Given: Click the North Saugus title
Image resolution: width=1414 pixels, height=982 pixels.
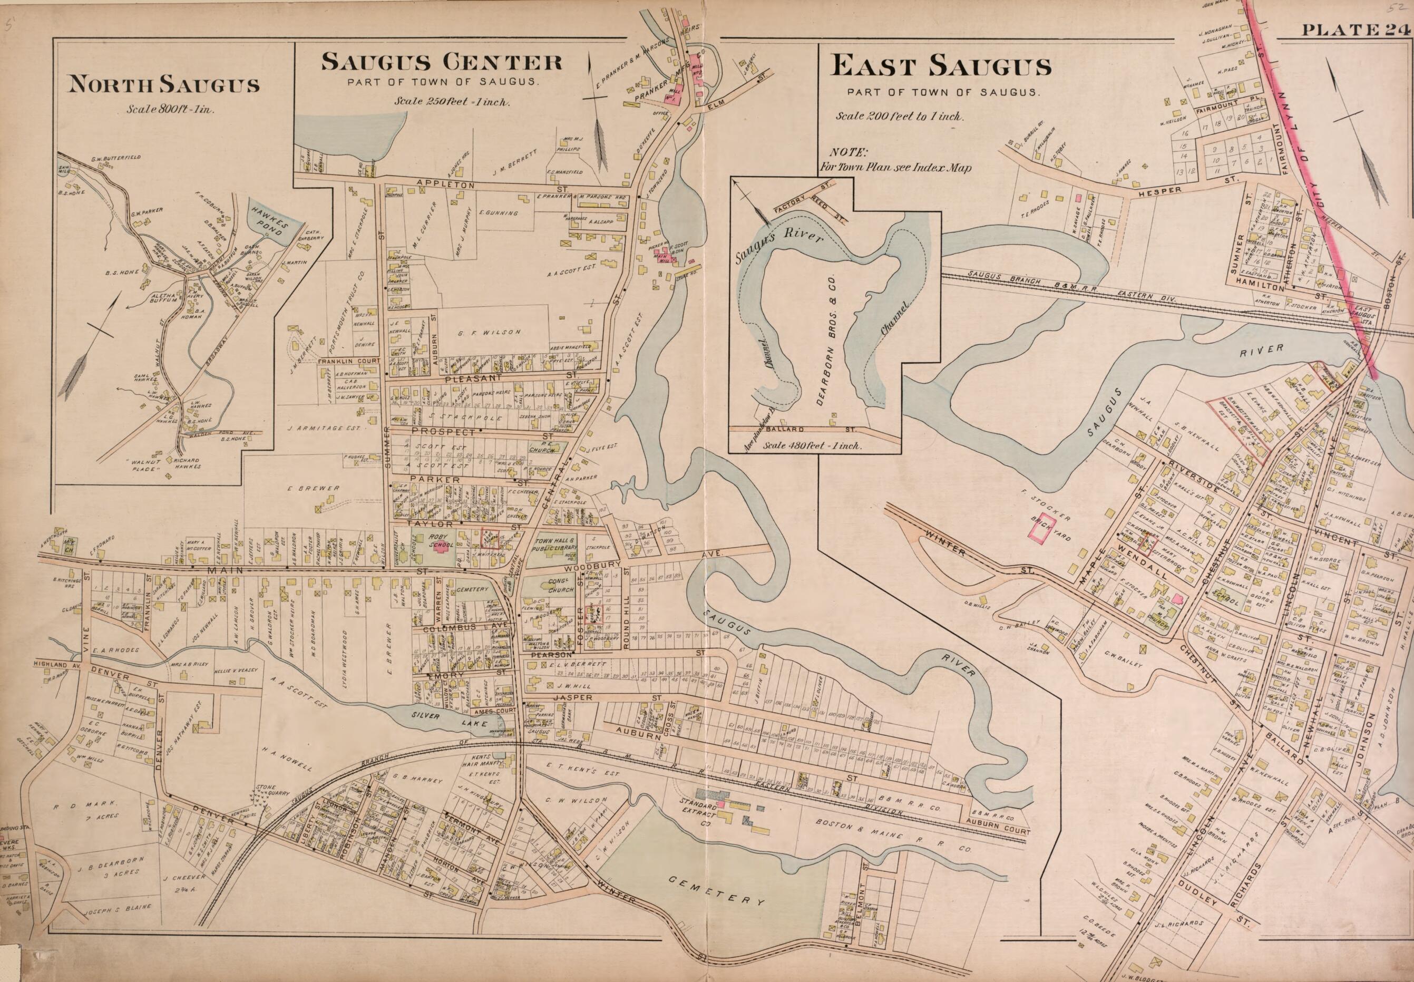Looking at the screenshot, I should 163,84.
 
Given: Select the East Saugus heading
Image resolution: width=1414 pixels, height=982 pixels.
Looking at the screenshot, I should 941,66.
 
